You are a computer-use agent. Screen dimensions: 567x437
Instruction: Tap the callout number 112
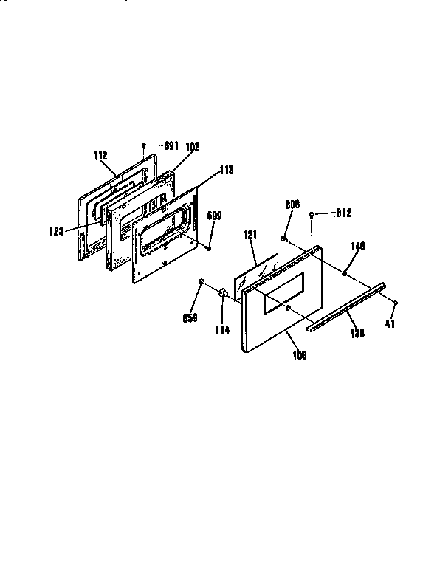coord(101,156)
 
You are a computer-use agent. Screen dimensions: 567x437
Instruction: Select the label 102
coord(192,147)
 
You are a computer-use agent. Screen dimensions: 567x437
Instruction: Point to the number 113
coord(226,170)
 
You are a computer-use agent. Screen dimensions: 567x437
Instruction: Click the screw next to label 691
coord(144,146)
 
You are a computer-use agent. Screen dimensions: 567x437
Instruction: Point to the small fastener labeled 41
coord(396,303)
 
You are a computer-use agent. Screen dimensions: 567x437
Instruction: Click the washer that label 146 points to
coord(345,274)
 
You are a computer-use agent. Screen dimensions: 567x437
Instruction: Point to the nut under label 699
coord(209,247)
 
